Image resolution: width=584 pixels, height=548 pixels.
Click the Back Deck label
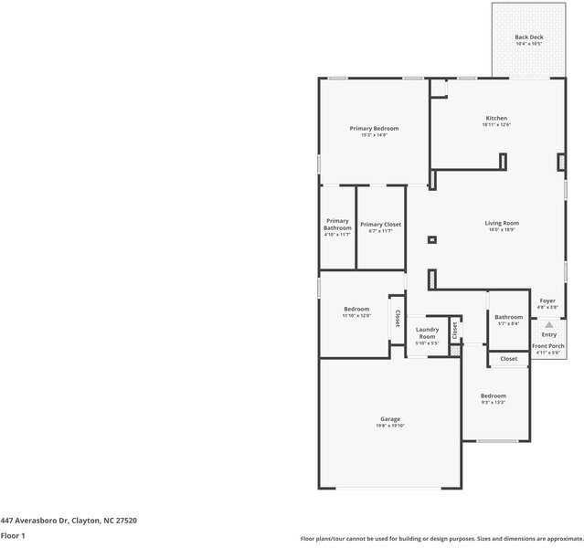point(528,37)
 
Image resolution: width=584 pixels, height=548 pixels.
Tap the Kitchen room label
point(495,119)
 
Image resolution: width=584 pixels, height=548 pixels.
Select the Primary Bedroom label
point(374,129)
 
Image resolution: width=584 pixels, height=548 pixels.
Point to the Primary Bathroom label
point(337,224)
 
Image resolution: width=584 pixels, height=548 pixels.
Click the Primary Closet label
point(380,225)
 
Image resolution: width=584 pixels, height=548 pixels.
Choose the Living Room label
point(502,223)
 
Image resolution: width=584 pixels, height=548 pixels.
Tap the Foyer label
point(547,300)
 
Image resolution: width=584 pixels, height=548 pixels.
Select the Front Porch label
point(548,346)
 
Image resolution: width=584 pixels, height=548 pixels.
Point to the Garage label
point(390,419)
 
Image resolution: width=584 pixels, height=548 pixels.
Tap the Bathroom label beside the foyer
point(508,317)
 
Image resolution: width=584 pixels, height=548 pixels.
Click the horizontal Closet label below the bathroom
point(509,359)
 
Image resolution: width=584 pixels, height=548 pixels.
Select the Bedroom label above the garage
point(356,309)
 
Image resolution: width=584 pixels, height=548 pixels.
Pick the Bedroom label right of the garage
point(494,395)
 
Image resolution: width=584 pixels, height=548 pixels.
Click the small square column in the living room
point(432,240)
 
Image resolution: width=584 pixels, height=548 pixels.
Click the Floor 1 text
point(13,535)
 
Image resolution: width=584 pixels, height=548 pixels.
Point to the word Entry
point(548,334)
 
